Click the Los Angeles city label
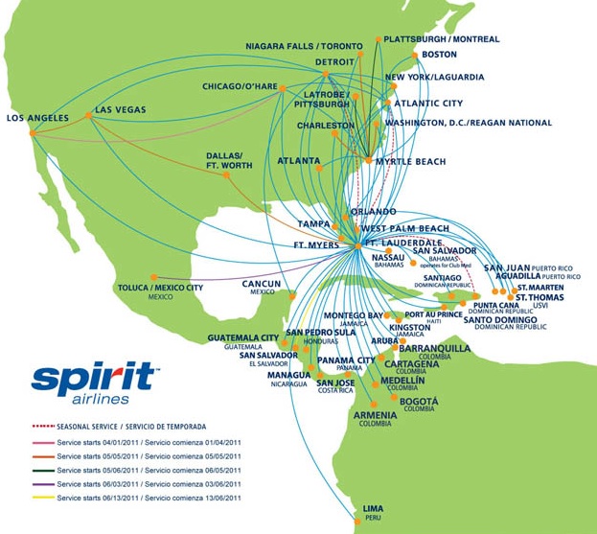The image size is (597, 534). coord(37,119)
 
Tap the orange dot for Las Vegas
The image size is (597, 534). coord(88,116)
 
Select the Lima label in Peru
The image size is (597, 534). coord(373,508)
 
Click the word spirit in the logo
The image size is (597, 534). coord(93,378)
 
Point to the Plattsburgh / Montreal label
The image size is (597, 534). coord(442,39)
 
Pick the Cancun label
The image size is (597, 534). coord(261,284)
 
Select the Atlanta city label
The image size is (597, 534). coord(298,161)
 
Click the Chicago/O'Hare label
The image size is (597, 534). coord(239,86)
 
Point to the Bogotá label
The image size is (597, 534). coord(419,401)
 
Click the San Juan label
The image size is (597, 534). coord(505,267)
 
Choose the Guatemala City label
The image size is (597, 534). coord(243,337)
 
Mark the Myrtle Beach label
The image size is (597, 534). coord(410,162)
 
